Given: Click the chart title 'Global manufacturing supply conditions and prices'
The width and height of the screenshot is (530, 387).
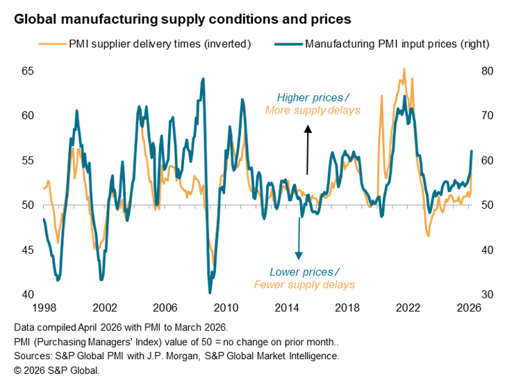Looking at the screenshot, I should coord(183,18).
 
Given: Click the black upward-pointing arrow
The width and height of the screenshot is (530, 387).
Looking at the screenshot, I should coord(306,149).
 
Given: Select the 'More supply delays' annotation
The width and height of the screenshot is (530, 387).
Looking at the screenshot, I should coord(313,110).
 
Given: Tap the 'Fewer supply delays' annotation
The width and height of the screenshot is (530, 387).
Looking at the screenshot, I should coord(304,284).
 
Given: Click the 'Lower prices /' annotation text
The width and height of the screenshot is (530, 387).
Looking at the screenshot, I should coord(305,271).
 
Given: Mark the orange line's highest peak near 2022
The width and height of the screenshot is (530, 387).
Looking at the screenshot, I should coord(404,69).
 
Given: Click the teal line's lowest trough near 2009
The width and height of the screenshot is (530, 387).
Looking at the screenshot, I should coord(210,292).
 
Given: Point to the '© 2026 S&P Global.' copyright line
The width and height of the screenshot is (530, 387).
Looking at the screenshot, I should coord(57,370).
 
